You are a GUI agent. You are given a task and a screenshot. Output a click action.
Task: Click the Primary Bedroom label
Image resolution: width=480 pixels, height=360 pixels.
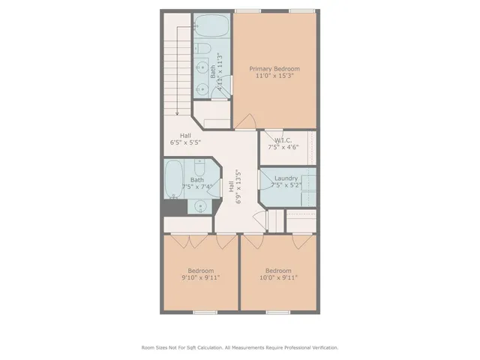[x=274, y=69]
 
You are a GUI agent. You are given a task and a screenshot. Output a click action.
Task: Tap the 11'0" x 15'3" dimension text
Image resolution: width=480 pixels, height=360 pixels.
[x=274, y=76]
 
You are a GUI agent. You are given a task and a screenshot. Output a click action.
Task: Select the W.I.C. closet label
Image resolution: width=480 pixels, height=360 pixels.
[x=283, y=140]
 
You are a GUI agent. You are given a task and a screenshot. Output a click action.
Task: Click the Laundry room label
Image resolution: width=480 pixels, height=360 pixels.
[x=286, y=178]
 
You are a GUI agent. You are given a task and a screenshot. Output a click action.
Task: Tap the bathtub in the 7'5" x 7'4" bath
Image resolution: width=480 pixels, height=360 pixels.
[x=173, y=178]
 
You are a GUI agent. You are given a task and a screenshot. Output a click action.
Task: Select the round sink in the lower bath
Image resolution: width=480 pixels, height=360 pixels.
[x=201, y=206]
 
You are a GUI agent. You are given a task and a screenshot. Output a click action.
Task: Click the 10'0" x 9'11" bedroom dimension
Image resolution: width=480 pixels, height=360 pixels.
[x=278, y=277]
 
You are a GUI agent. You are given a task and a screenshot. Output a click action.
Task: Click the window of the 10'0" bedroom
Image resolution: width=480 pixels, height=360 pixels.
[x=278, y=311]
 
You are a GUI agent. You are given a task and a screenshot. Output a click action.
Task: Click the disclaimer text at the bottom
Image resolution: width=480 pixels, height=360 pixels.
[x=240, y=347]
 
